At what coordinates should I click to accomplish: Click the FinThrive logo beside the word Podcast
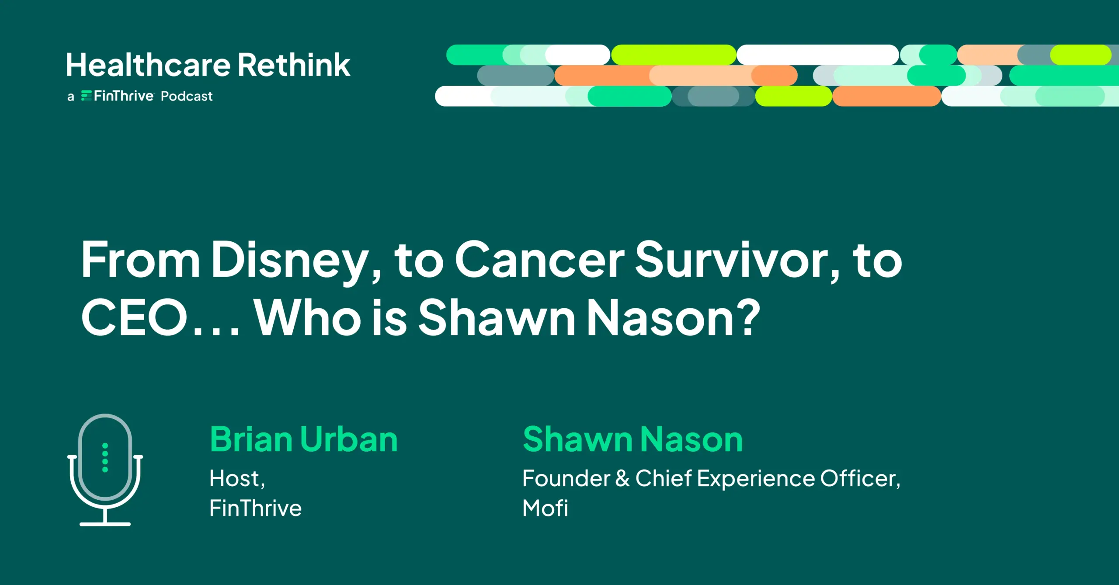[118, 96]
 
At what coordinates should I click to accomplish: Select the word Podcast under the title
[187, 96]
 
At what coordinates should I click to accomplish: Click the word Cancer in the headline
[540, 261]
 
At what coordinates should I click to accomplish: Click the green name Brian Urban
[304, 439]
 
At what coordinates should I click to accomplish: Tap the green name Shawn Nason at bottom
[632, 439]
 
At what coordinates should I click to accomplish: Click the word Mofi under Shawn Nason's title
[545, 508]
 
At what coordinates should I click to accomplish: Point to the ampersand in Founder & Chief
[622, 478]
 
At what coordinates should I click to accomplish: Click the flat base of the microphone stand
[105, 523]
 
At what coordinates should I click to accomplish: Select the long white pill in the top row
[817, 55]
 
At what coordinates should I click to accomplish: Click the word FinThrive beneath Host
[255, 508]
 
